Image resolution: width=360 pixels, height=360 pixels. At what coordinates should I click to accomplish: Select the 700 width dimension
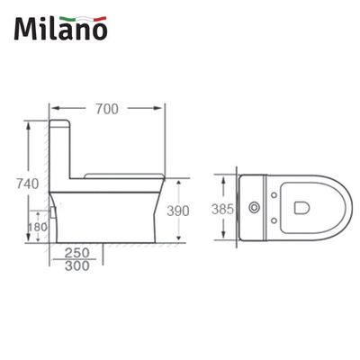click(x=109, y=112)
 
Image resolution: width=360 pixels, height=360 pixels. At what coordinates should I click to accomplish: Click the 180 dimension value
click(x=38, y=229)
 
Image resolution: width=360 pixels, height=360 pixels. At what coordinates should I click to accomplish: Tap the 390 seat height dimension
click(x=180, y=210)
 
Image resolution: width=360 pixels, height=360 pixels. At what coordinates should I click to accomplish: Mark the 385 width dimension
click(x=227, y=208)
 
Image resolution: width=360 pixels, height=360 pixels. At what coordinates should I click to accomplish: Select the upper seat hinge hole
click(x=273, y=194)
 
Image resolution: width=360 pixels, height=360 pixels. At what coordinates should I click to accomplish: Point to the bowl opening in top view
click(x=306, y=209)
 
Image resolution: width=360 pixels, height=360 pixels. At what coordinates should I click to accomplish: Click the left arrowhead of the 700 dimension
click(x=50, y=110)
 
